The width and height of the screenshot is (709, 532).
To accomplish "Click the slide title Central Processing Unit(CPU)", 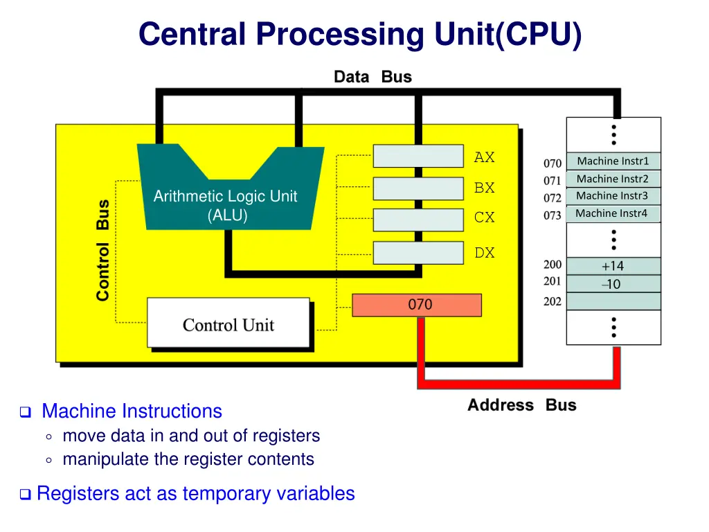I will (360, 35).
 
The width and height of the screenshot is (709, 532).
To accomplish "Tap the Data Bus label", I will (373, 77).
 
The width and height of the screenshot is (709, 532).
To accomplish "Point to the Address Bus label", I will (521, 405).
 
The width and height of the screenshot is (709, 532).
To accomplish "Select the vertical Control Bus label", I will (102, 250).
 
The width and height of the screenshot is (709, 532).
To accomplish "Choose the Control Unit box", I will (228, 323).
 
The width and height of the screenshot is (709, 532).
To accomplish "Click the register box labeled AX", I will (418, 156).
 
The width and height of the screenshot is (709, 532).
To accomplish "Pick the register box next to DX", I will (418, 252).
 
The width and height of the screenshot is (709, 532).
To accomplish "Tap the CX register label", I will (485, 218).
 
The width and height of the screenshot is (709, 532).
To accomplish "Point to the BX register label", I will (485, 188).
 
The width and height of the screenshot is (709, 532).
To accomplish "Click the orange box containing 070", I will (417, 305).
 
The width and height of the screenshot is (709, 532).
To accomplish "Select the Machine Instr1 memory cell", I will (613, 161).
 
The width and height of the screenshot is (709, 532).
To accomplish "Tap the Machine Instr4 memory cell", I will (613, 213).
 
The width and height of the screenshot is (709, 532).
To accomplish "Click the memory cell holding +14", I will (613, 266).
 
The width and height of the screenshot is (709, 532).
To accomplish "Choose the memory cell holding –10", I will (613, 284).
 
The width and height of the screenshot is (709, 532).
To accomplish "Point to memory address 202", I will (553, 301).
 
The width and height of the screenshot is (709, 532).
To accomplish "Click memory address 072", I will (553, 198).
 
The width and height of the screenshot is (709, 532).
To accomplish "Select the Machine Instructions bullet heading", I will (132, 411).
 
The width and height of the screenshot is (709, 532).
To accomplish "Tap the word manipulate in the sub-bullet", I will (104, 459).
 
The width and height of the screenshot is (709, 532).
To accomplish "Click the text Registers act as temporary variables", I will (195, 494).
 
